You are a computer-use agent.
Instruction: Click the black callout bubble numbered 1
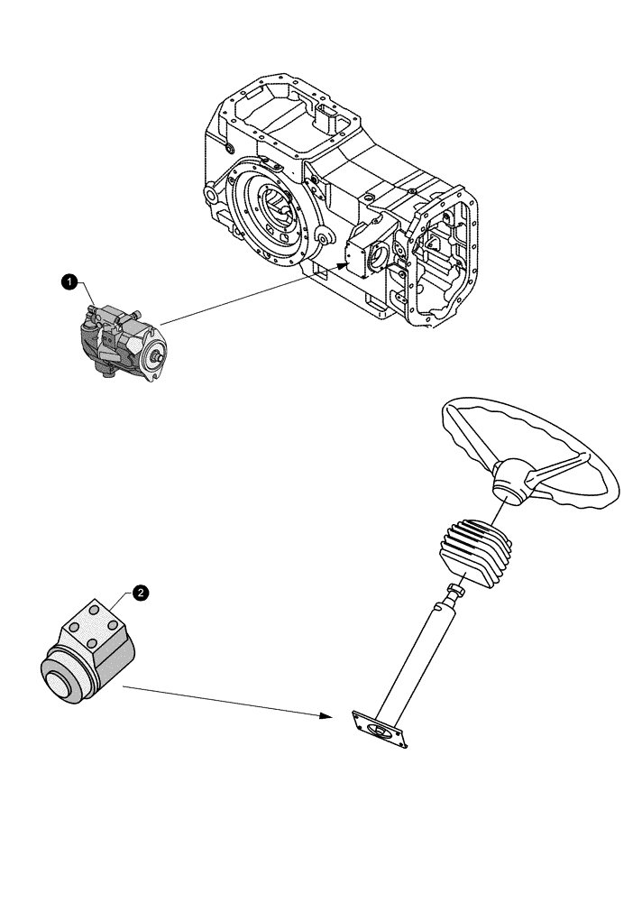click(68, 282)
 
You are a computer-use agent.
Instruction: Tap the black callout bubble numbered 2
click(140, 592)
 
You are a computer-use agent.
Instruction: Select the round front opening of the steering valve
click(66, 680)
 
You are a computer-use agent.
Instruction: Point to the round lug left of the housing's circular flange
click(213, 193)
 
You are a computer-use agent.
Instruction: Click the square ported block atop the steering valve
click(92, 623)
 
